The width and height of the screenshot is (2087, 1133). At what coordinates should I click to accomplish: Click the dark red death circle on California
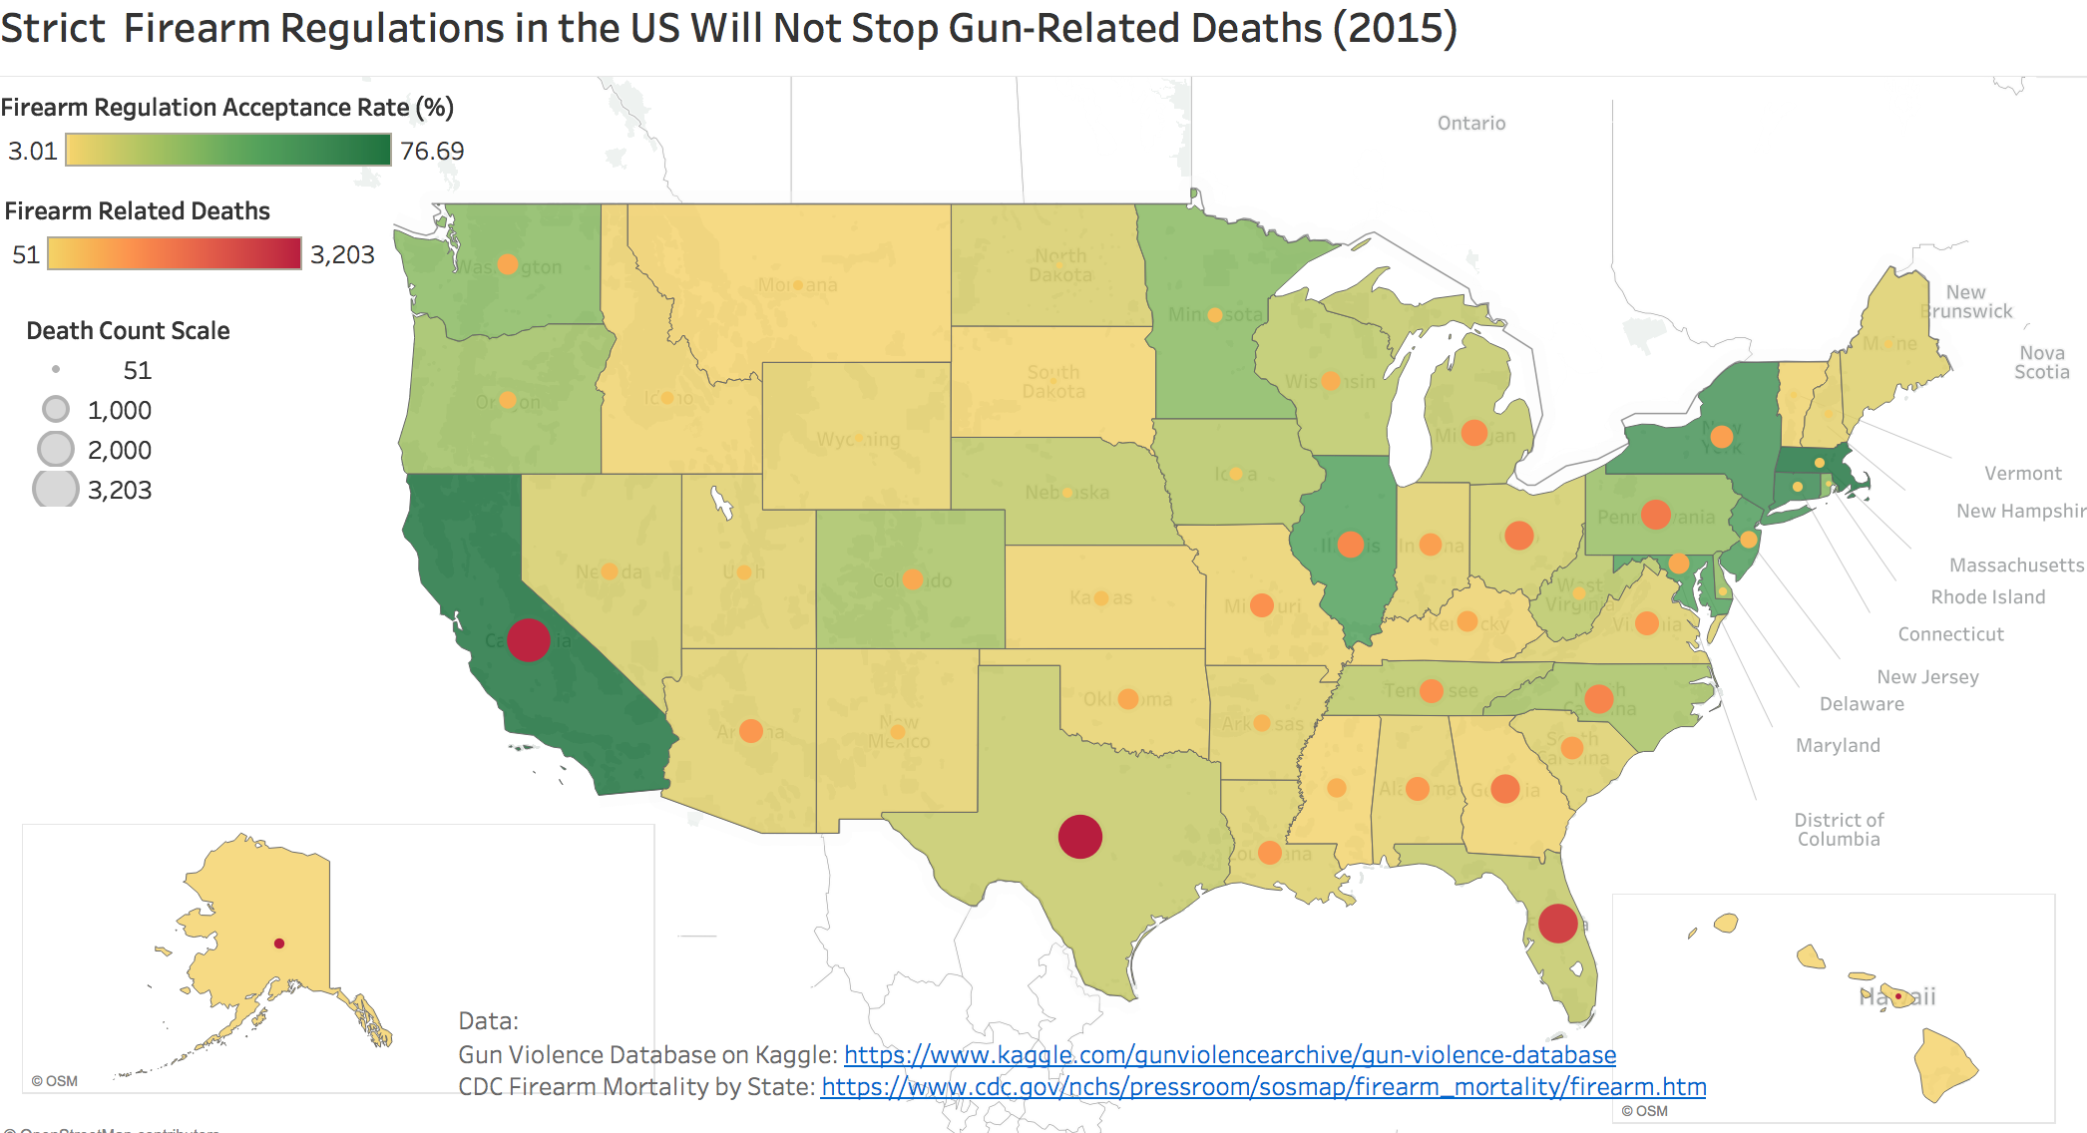click(529, 639)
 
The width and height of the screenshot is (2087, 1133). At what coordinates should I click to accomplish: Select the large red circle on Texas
click(1079, 836)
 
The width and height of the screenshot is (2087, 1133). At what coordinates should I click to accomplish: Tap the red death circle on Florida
click(1557, 923)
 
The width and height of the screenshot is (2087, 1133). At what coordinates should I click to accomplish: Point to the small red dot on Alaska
click(279, 944)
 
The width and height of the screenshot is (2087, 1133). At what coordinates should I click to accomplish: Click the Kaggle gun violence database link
click(1229, 1055)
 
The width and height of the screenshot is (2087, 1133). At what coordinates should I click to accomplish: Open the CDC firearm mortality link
click(1263, 1087)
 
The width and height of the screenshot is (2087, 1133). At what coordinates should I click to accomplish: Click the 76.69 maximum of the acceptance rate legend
click(432, 151)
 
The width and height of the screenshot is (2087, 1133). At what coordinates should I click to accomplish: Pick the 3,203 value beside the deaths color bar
click(342, 254)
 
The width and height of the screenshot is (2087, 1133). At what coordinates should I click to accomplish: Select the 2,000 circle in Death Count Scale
click(56, 450)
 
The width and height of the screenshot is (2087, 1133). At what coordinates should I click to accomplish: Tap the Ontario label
click(1471, 123)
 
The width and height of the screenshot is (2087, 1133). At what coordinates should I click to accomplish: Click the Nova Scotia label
click(2041, 362)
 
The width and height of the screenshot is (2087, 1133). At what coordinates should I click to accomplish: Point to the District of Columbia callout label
click(1839, 829)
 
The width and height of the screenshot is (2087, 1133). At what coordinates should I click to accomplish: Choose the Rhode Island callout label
click(1987, 596)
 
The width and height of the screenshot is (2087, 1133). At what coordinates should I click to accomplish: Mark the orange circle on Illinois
click(1351, 545)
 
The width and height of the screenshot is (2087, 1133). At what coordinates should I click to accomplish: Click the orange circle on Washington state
click(508, 264)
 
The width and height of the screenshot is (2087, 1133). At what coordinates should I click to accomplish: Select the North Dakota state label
click(1060, 265)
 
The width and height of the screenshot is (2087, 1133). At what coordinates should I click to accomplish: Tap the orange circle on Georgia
click(1505, 788)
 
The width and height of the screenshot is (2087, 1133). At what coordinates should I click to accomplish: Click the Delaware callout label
click(1862, 704)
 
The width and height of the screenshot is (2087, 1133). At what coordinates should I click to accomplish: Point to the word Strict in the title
click(52, 28)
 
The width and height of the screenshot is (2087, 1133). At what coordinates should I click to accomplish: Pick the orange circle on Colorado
click(912, 579)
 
